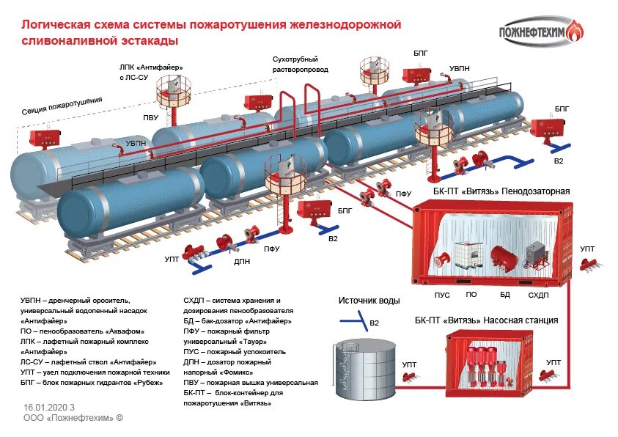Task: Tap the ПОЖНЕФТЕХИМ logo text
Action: [533, 32]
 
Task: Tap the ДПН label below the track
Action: [243, 260]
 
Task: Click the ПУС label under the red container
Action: [442, 295]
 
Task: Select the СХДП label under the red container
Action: [538, 295]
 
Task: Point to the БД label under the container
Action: [504, 295]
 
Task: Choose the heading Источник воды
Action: [369, 301]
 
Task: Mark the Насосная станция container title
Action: [486, 320]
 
